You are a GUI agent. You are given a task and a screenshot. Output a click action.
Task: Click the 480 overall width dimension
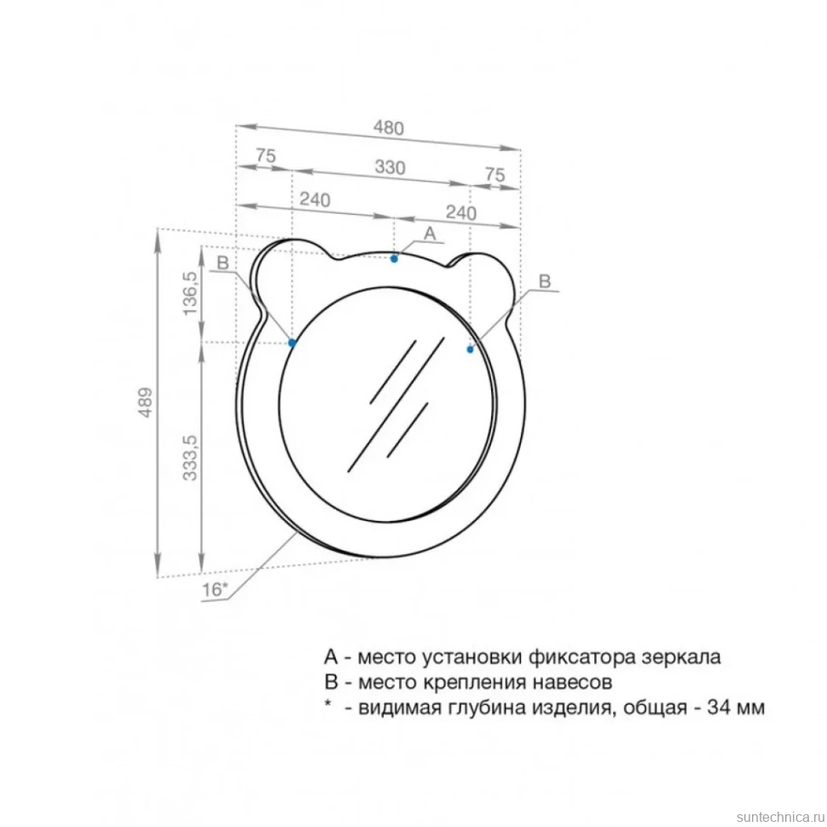coord(389,128)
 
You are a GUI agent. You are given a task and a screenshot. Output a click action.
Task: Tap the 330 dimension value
coord(390,167)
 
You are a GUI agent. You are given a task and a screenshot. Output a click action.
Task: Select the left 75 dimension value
coord(266,155)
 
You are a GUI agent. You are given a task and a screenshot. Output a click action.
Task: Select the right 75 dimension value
coord(494,174)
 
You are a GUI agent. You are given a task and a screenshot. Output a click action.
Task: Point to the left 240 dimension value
coord(315,200)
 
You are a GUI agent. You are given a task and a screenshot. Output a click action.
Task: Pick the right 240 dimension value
coord(461,212)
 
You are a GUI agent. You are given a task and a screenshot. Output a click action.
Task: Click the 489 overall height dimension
coord(145,403)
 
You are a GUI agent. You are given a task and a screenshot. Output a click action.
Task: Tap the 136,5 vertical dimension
coord(189,293)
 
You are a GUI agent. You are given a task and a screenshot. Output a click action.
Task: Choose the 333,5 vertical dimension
coord(189,458)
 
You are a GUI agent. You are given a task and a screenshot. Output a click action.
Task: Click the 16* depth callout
coord(215,589)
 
